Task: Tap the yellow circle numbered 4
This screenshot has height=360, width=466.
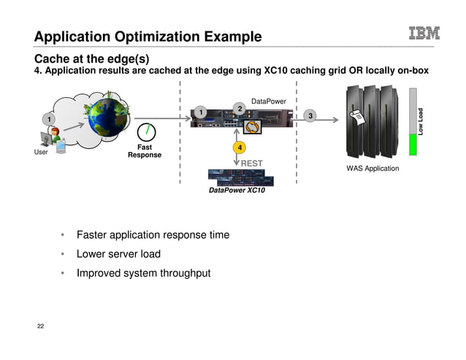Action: (237, 148)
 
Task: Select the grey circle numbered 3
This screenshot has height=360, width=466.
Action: (310, 116)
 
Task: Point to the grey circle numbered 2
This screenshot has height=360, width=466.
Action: (237, 108)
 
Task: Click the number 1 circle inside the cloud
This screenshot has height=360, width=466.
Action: (47, 118)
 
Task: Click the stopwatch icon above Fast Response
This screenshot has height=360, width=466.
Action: (148, 131)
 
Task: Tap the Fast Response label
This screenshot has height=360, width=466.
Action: (145, 151)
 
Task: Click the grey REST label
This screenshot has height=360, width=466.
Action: (252, 164)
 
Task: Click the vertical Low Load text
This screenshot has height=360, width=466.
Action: (421, 121)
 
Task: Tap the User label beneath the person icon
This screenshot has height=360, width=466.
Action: (41, 153)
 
